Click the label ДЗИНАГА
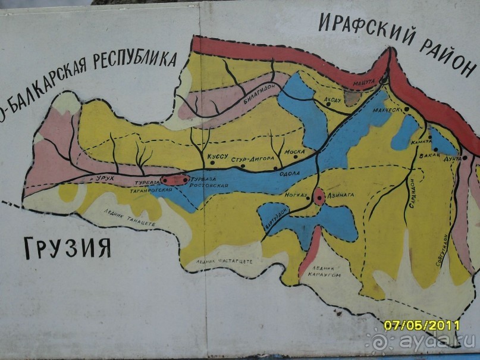[x=341, y=193]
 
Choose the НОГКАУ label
[x=296, y=195]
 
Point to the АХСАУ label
[x=334, y=99]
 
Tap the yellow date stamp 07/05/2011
[x=422, y=325]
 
